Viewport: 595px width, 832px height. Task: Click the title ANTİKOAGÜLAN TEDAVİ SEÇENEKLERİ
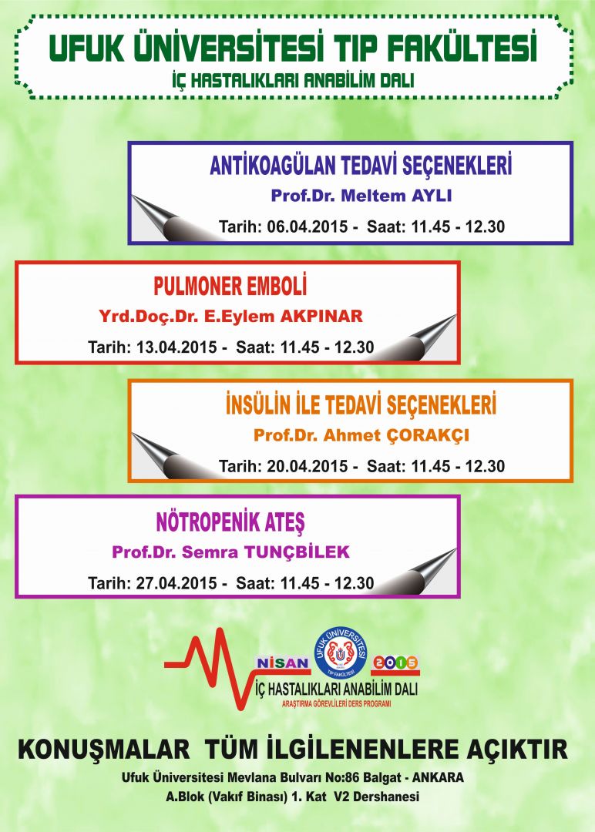(x=361, y=166)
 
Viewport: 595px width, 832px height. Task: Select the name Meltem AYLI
(x=396, y=195)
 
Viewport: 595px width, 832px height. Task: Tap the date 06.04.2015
(x=308, y=226)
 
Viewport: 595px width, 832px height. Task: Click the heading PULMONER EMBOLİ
(x=230, y=286)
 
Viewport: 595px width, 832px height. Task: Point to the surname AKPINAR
(x=321, y=317)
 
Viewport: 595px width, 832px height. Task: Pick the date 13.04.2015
(x=176, y=347)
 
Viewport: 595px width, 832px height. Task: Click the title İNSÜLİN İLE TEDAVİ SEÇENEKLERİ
(x=361, y=405)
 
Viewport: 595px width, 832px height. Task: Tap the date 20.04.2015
(x=308, y=466)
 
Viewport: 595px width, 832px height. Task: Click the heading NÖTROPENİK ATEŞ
(x=230, y=522)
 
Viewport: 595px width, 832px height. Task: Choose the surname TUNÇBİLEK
(x=297, y=552)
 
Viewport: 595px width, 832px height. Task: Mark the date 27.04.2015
(x=176, y=583)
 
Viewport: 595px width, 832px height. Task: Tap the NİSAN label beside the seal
(x=283, y=663)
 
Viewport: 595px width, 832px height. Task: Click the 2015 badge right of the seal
(x=395, y=663)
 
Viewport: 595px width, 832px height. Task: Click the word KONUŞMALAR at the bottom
(x=103, y=750)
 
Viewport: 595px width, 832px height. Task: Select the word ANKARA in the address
(x=438, y=778)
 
